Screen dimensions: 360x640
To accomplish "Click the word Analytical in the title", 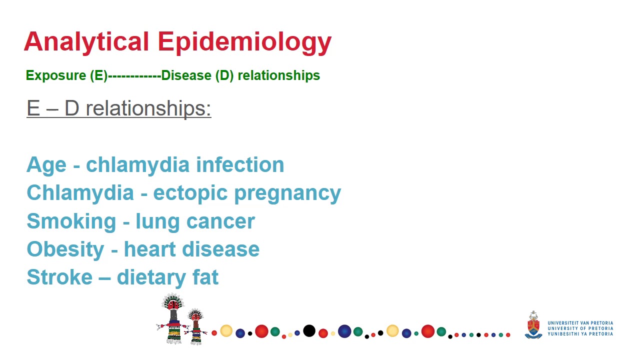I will (x=86, y=41).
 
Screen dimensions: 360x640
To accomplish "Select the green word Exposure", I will (x=56, y=75).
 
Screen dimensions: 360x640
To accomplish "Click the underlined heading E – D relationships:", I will (x=118, y=108).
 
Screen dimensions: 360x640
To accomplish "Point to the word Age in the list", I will (x=46, y=165).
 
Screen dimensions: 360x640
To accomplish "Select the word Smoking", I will (x=71, y=221).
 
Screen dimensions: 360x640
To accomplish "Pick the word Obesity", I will (x=65, y=249).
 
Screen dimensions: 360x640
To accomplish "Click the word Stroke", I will (x=59, y=277).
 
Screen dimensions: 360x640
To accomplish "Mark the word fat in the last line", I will (x=205, y=277).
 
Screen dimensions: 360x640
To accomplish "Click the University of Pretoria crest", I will (x=533, y=325).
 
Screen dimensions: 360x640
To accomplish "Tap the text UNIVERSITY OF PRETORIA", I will (x=580, y=328).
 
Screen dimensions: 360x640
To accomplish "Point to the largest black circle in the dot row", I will (x=309, y=330).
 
